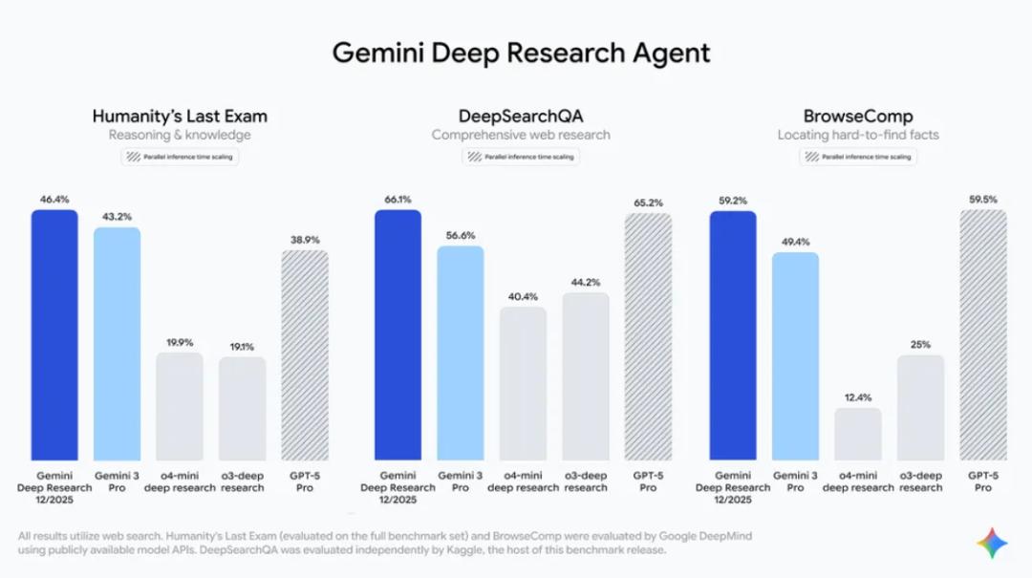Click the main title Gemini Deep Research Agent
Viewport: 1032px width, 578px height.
pos(521,52)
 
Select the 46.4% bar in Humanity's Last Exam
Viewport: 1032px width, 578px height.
pos(54,334)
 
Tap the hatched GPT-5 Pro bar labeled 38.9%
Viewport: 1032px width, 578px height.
pos(305,354)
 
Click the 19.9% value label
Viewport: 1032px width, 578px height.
pos(180,342)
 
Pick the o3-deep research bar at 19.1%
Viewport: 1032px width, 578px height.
pos(242,408)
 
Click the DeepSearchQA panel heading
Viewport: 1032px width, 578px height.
pos(520,117)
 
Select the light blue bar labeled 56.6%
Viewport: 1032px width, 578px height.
pos(461,353)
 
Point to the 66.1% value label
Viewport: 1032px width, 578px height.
pos(398,200)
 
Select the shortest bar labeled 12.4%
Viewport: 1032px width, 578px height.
pos(857,435)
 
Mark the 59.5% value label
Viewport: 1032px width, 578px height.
pos(983,200)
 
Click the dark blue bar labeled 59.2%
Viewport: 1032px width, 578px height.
pos(733,334)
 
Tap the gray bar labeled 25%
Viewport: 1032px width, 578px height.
pos(920,408)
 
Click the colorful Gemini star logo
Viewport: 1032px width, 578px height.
pos(992,544)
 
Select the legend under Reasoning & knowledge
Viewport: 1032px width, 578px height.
pos(180,156)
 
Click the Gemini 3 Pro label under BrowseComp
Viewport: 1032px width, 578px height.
pos(795,482)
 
